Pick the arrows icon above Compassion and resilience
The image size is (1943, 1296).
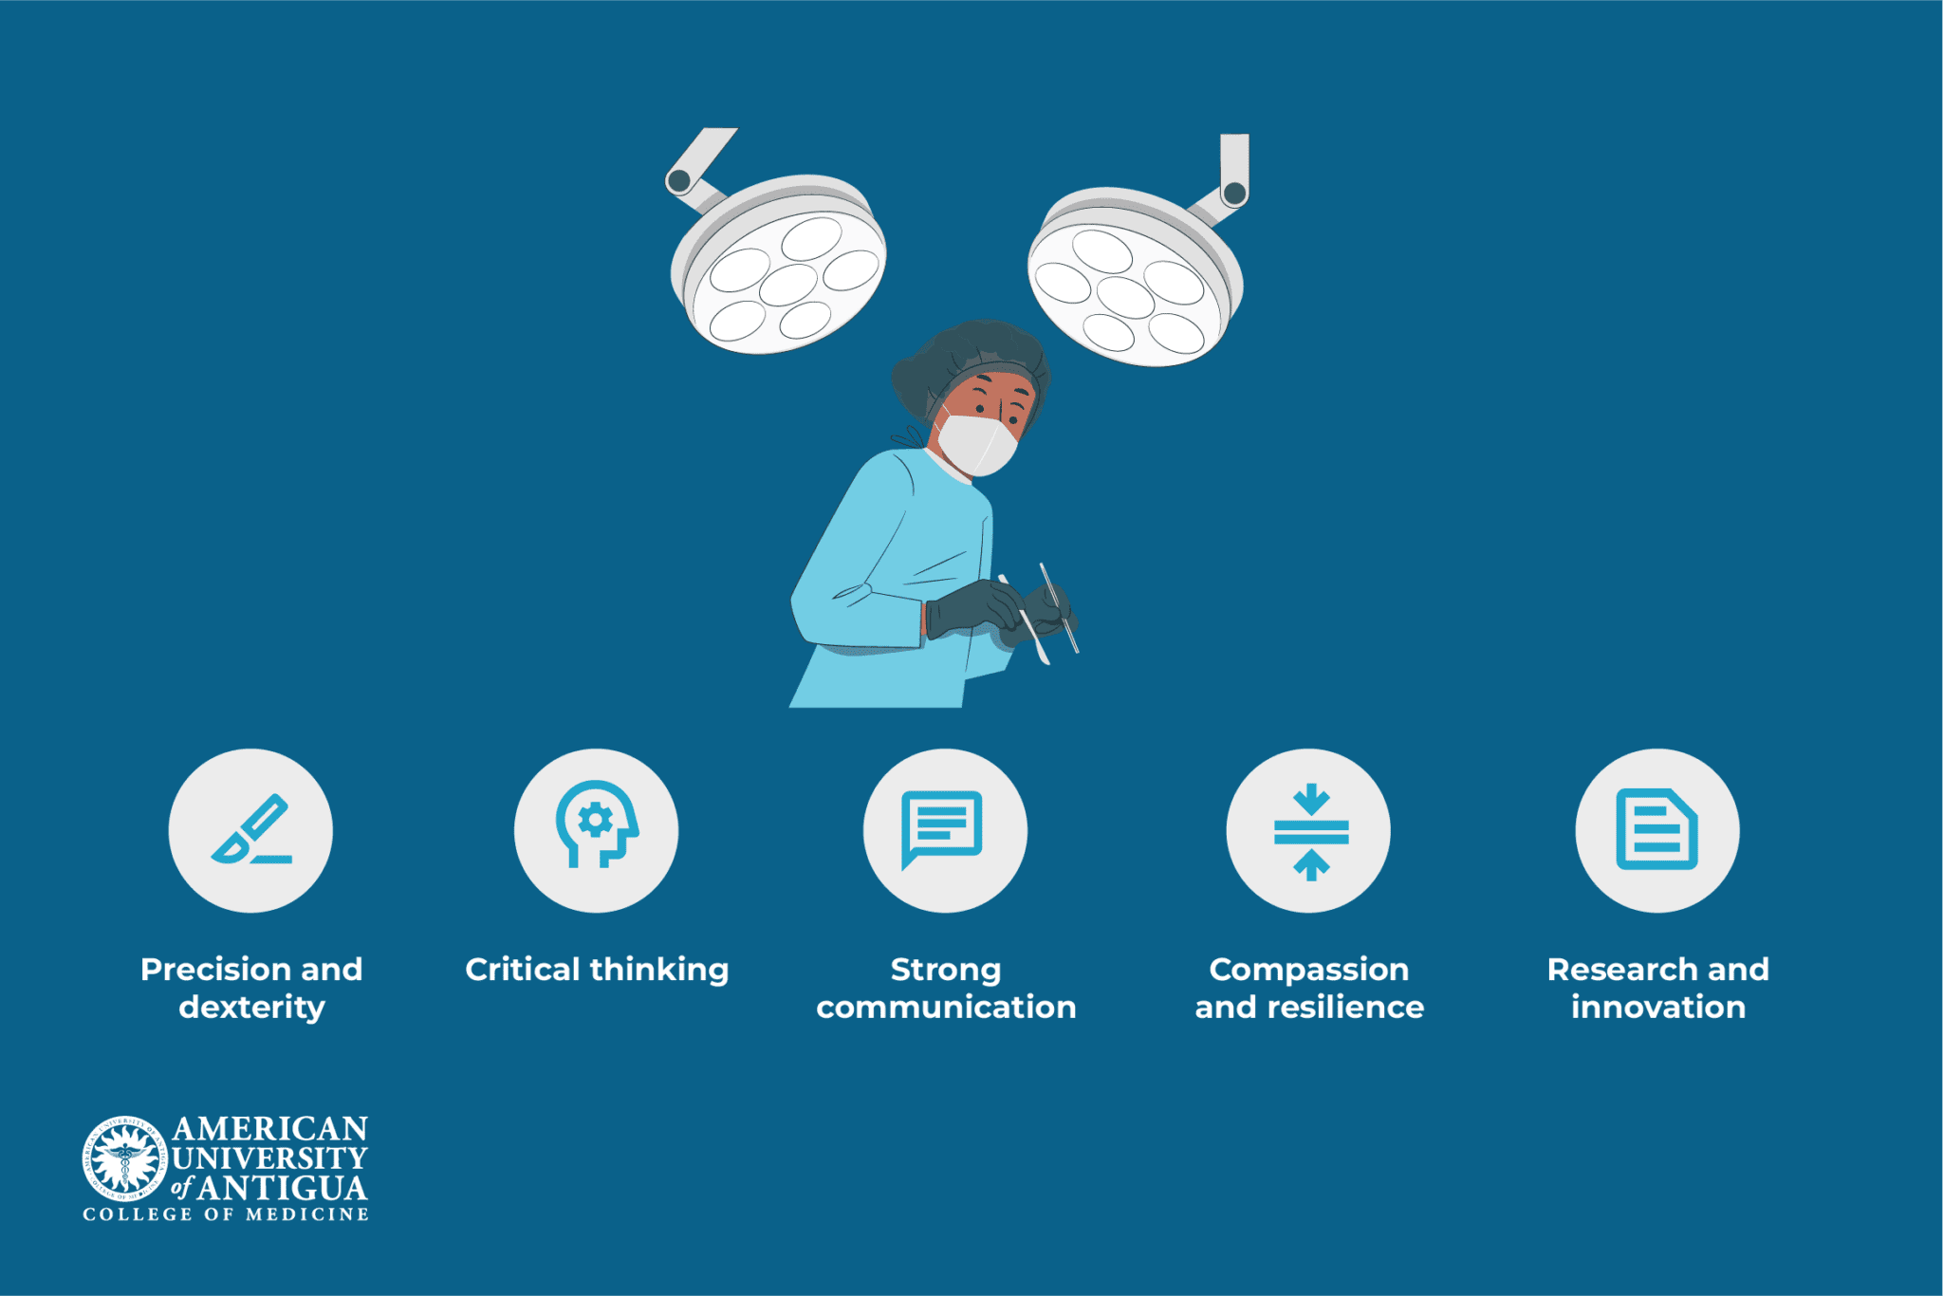[1310, 831]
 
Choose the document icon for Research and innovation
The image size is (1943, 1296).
[1656, 829]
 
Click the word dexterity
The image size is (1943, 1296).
[252, 1008]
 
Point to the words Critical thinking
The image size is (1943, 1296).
[597, 970]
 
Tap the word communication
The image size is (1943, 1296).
[946, 1008]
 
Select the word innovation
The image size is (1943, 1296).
[1657, 1008]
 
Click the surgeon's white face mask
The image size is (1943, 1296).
[977, 444]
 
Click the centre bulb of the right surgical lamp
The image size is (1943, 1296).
[1125, 297]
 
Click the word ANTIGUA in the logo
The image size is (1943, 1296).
[283, 1188]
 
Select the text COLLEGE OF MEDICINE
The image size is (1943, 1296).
[226, 1214]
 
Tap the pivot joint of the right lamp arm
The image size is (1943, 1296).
[1234, 194]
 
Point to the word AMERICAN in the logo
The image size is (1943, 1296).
[269, 1129]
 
